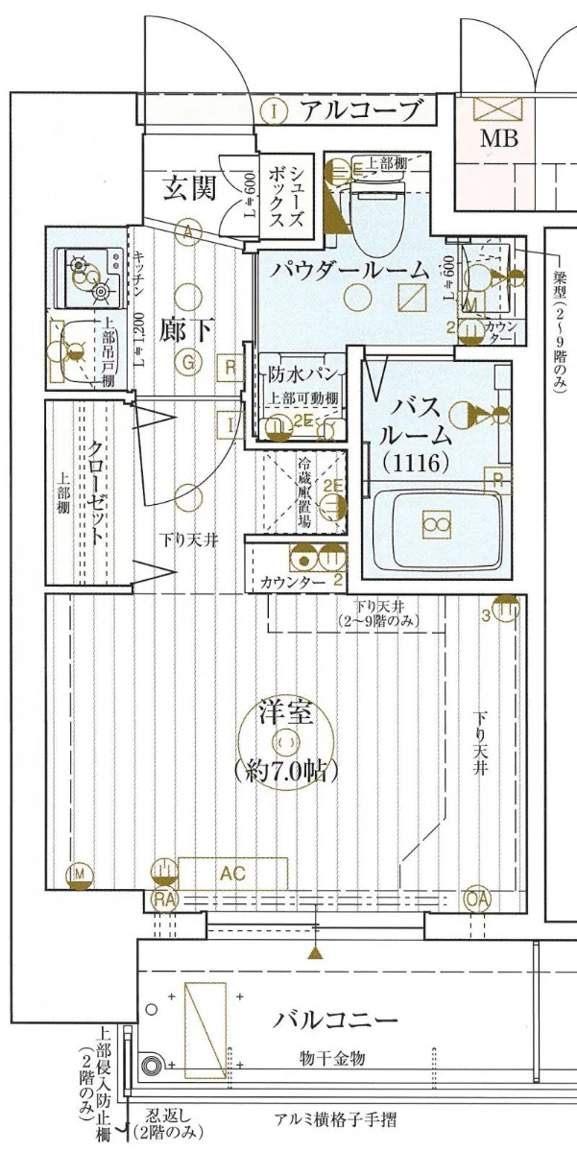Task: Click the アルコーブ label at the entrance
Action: point(361,110)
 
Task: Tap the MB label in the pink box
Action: point(498,139)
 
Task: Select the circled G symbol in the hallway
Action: point(189,362)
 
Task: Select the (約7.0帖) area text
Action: point(286,770)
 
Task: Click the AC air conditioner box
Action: point(233,873)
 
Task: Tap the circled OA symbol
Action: point(475,899)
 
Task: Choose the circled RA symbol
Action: point(163,900)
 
